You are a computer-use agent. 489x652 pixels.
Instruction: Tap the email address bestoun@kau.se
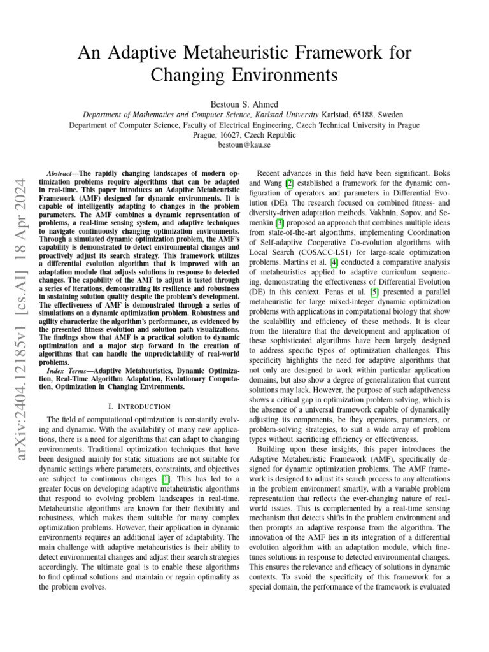pos(244,145)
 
